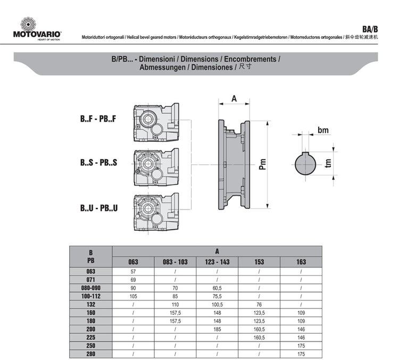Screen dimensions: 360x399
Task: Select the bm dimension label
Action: click(322, 130)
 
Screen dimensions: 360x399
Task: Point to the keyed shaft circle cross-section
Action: click(307, 163)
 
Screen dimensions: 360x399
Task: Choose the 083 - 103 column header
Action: click(175, 262)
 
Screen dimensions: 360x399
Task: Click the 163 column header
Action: click(301, 262)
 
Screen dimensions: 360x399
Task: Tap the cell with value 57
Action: click(134, 271)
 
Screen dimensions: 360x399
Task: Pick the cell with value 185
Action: click(217, 329)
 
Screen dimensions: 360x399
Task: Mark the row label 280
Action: click(91, 354)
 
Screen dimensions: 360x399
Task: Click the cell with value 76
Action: click(259, 304)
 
